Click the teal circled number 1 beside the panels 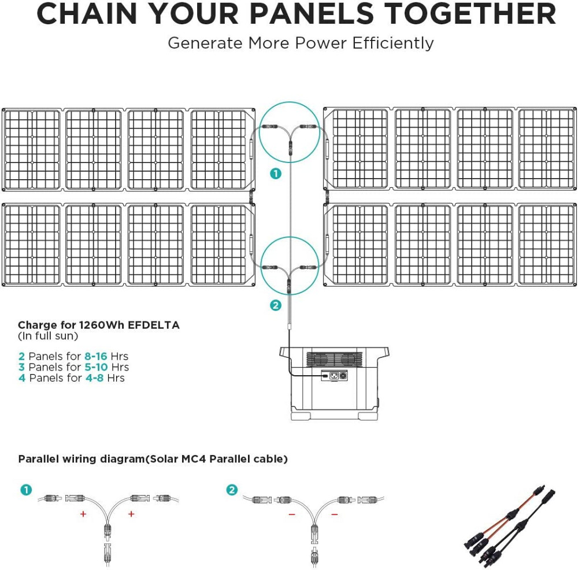click(x=276, y=173)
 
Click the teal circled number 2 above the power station click(x=276, y=305)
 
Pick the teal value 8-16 click(x=96, y=356)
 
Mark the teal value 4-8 click(x=94, y=378)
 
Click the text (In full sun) click(x=48, y=336)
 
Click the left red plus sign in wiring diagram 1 click(x=83, y=514)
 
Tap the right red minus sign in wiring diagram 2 click(x=335, y=514)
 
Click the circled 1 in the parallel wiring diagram click(x=25, y=490)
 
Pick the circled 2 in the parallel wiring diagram click(x=232, y=490)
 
